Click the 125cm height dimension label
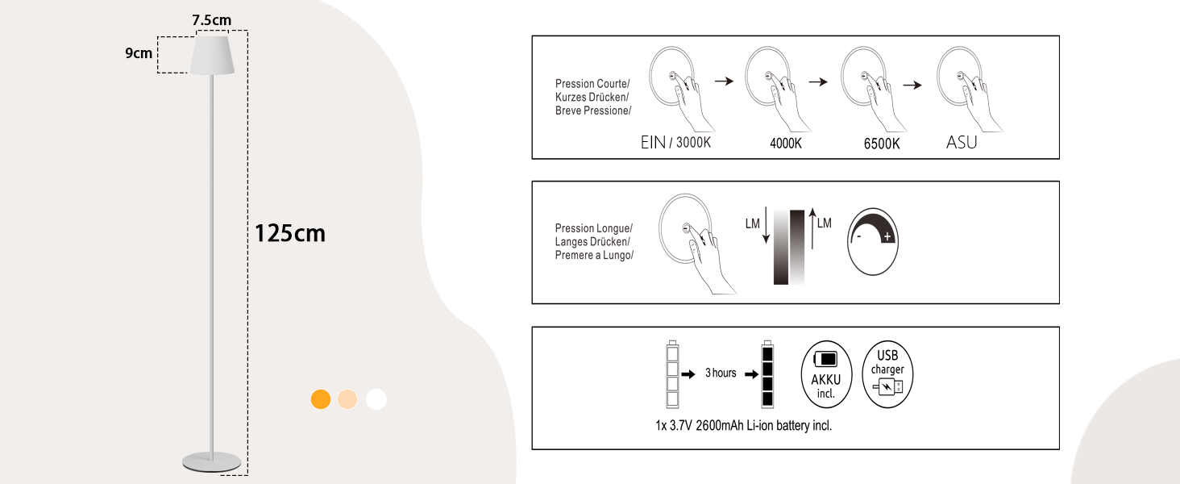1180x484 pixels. (x=290, y=233)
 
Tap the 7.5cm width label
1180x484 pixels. (x=212, y=19)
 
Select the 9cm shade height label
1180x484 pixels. (x=139, y=53)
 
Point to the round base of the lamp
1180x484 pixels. (x=211, y=461)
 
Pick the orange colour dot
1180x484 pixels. (x=321, y=399)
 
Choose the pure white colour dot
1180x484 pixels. (x=376, y=399)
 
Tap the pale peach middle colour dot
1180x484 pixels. (x=347, y=399)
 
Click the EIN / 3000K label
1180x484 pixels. (x=676, y=143)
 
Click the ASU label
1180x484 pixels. (x=962, y=143)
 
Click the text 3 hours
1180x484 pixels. (x=721, y=373)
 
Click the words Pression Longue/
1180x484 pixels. (x=594, y=227)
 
